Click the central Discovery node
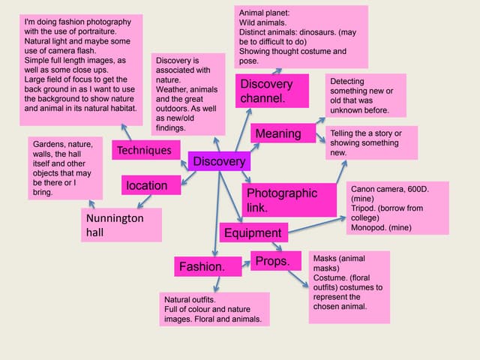tap(218, 161)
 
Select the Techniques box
tap(143, 151)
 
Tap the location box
tap(151, 184)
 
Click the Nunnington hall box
tap(121, 225)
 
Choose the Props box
tap(275, 261)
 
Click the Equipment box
tap(252, 232)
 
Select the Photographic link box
tap(280, 199)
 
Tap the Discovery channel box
tap(272, 90)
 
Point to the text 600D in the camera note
tap(421, 198)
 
